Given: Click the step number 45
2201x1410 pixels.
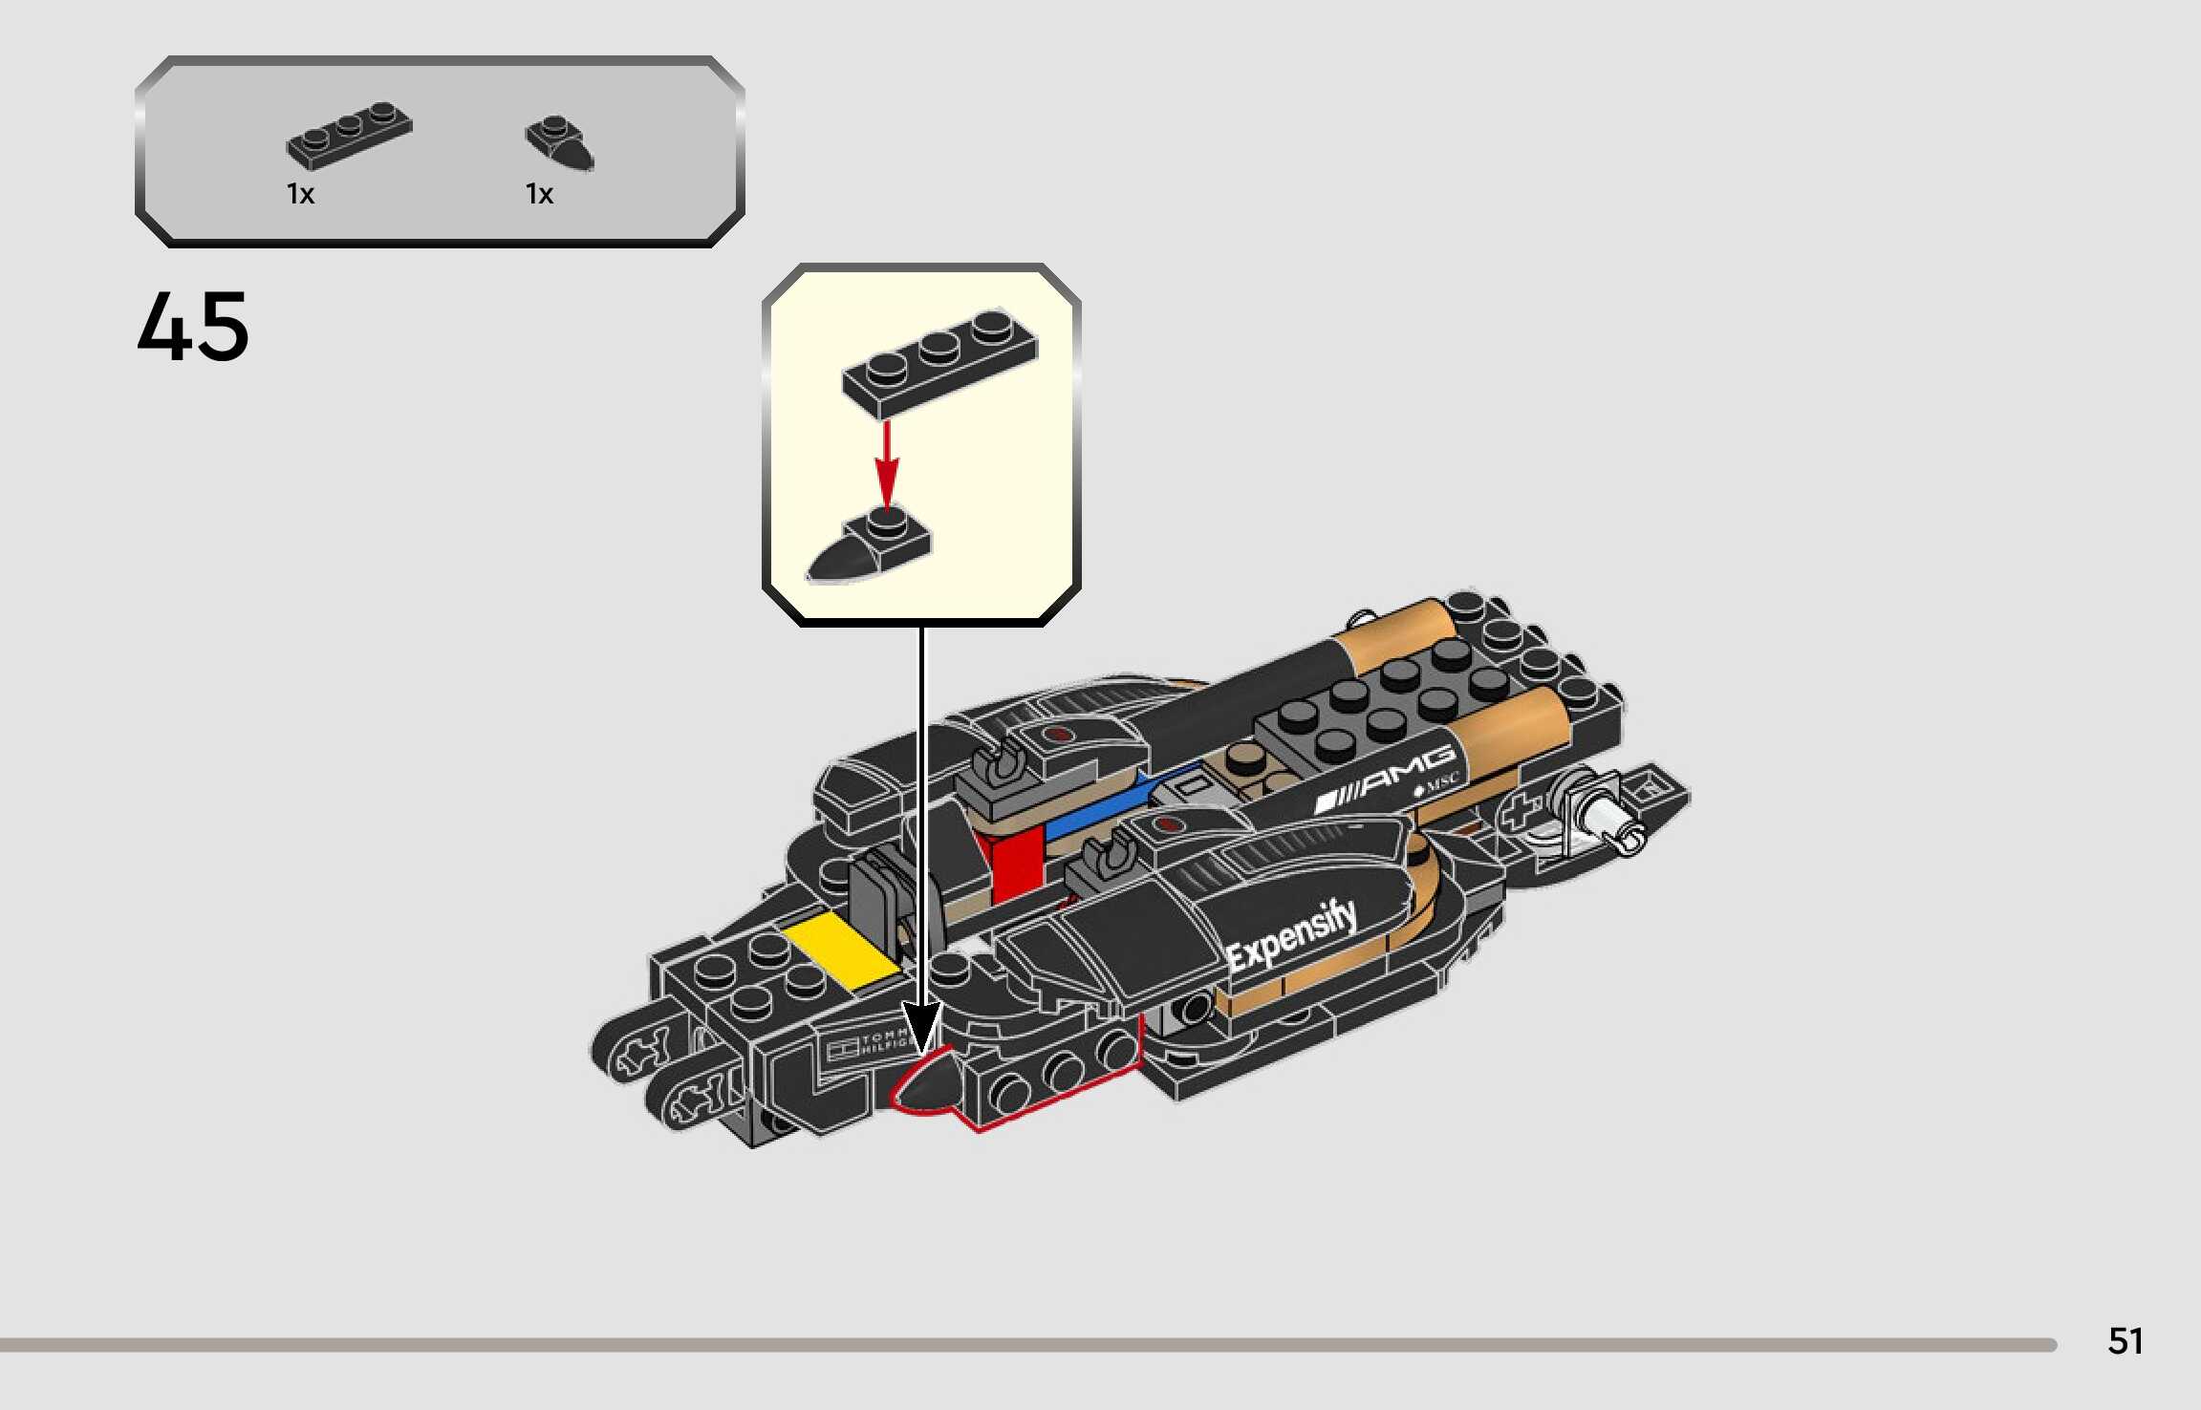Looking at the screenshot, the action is tap(193, 327).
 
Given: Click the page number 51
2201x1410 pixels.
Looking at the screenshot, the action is tap(2125, 1341).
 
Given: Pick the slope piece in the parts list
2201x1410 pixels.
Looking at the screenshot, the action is tap(560, 143).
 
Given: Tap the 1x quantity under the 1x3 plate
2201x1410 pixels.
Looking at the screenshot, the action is tap(300, 194).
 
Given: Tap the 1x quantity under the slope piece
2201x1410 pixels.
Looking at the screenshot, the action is tap(539, 194).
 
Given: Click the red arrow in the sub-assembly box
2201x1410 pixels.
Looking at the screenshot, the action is tap(887, 463).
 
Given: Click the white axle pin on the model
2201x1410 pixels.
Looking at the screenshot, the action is tap(1610, 822).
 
